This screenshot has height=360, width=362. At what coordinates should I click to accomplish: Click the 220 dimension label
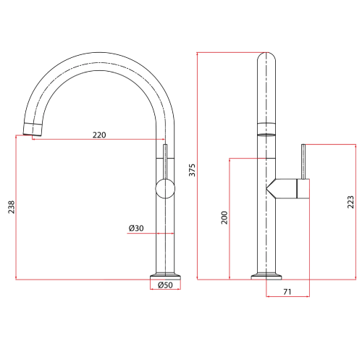101,135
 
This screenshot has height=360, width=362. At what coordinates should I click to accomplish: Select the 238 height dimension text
9,207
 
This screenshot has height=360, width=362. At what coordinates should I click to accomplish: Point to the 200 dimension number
224,217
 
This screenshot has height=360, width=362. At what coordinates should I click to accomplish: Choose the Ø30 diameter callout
137,228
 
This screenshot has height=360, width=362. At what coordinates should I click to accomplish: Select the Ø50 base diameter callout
166,286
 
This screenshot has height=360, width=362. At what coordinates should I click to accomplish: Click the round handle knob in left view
166,191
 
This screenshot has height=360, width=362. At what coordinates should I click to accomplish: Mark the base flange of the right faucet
266,275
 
